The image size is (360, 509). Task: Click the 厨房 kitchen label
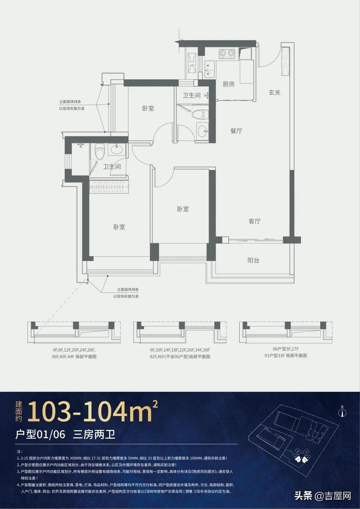(228, 84)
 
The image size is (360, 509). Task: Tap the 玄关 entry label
(275, 92)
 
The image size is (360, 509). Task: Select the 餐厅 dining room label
(236, 131)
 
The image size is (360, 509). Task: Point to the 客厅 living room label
(254, 221)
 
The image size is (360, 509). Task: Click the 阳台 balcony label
(253, 260)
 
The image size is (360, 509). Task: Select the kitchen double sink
(210, 69)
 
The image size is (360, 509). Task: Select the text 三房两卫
(94, 435)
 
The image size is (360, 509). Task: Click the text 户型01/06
(40, 435)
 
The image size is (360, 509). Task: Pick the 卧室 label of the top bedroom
(148, 108)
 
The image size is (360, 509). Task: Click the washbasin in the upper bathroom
(202, 131)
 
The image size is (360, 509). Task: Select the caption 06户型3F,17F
(286, 349)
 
